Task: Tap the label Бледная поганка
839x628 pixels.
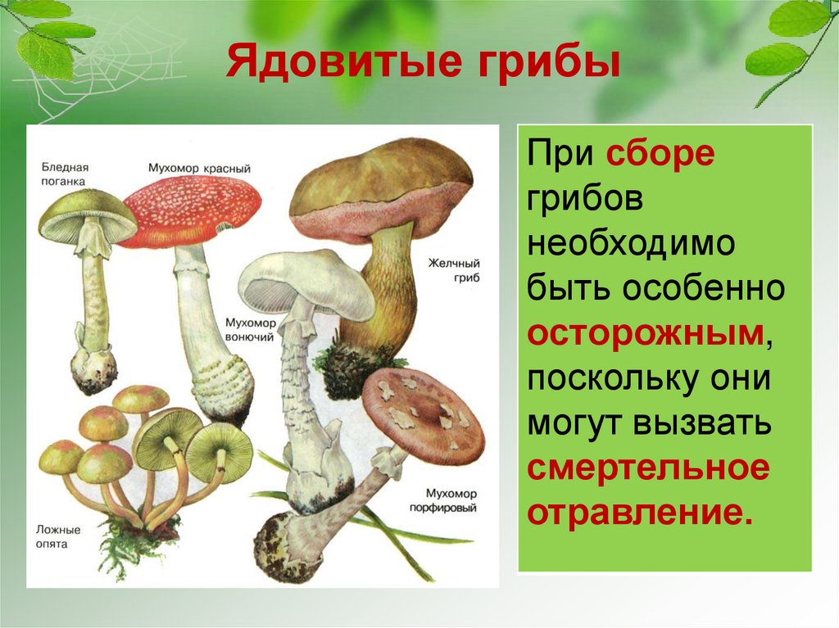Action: pos(65,174)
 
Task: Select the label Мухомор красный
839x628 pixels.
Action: pos(199,169)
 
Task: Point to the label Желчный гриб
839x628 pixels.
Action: pos(454,270)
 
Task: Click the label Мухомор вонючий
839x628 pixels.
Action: pos(250,329)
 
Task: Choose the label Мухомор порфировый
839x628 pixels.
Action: pos(444,500)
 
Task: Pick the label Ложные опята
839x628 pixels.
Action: pos(58,536)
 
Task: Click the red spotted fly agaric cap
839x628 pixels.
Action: pos(190,211)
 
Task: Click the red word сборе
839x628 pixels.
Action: pos(660,154)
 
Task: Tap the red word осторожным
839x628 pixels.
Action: pos(646,333)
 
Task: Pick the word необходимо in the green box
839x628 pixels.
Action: pos(632,243)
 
